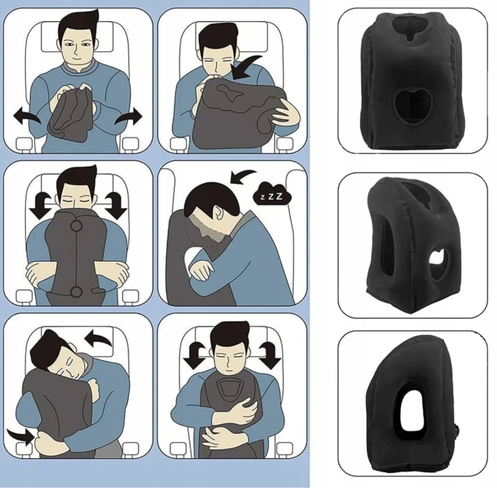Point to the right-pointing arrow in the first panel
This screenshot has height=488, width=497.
129,116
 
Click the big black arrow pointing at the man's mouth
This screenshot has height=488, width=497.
249,67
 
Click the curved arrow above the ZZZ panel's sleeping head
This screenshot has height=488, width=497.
243,176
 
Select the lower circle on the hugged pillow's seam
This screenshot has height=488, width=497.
76,292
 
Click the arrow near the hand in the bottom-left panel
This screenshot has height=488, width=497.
20,436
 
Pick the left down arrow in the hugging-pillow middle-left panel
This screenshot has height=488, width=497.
40,205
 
